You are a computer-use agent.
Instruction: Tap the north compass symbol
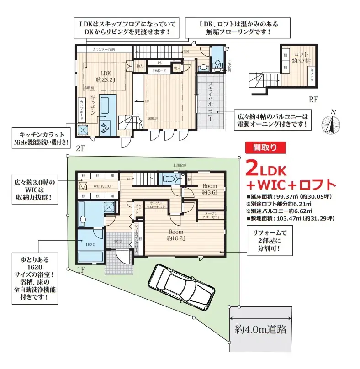click(x=332, y=123)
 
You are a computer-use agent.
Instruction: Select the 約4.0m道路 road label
click(x=262, y=328)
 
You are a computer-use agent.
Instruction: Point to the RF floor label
click(x=313, y=98)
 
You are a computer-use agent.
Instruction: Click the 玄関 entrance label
click(x=117, y=242)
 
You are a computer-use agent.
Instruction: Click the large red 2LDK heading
click(x=266, y=169)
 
